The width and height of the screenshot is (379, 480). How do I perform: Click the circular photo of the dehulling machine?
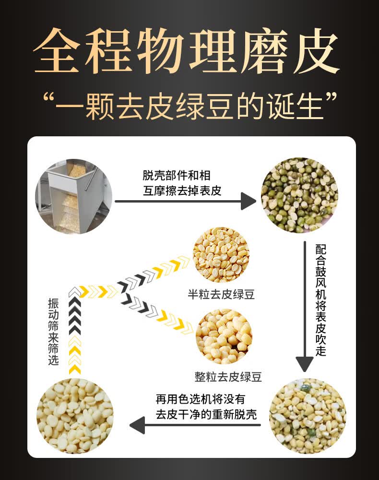[74, 196]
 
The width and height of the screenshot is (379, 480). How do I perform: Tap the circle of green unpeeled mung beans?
[299, 194]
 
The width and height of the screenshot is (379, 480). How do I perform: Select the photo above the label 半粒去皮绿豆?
[221, 254]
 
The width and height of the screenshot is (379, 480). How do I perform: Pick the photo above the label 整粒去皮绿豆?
[224, 336]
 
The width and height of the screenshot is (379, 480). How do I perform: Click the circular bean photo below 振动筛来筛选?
[75, 416]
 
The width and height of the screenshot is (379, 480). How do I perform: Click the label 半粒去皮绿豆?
[221, 294]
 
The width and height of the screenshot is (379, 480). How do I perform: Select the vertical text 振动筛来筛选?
[53, 331]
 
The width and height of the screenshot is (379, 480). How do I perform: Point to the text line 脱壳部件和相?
[177, 176]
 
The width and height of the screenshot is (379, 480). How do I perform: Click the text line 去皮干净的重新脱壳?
[206, 415]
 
